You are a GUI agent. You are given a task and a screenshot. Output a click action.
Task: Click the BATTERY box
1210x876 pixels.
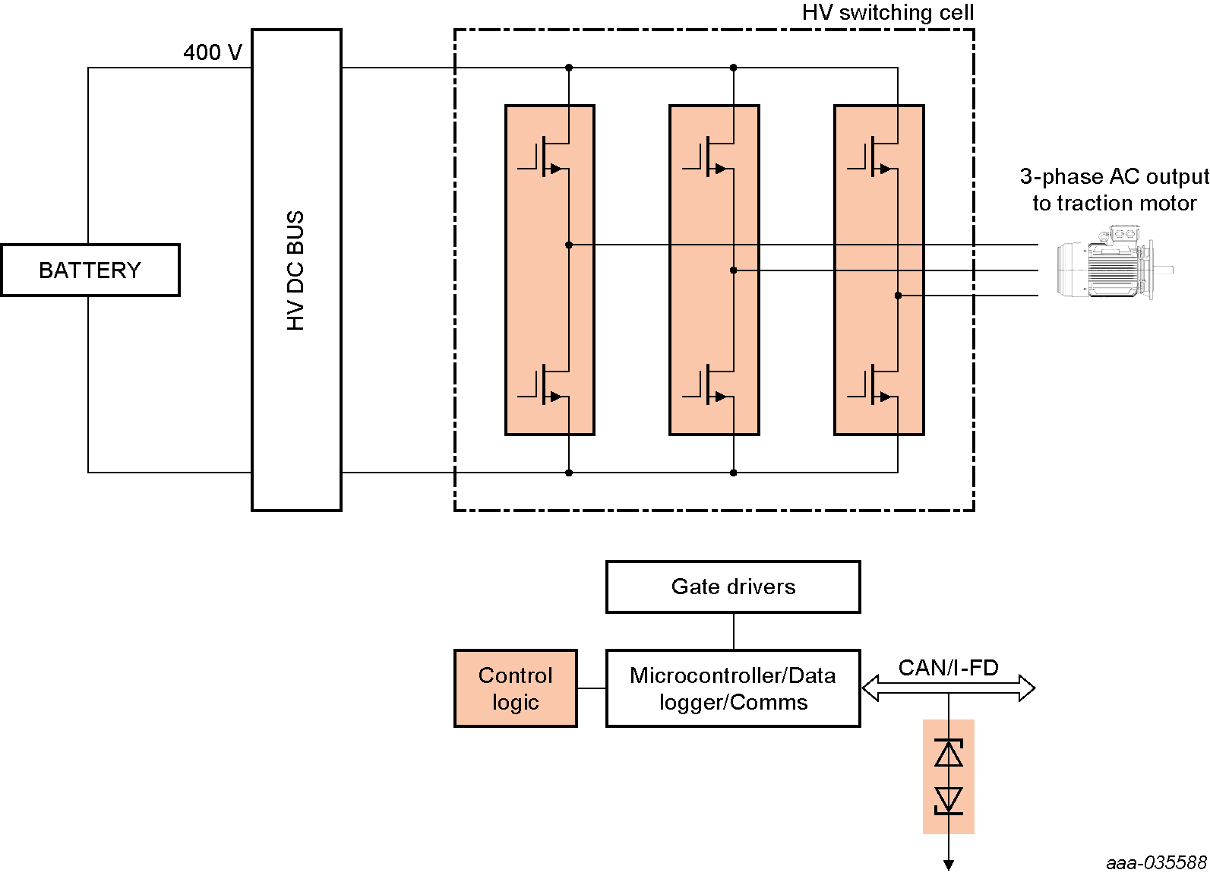[90, 270]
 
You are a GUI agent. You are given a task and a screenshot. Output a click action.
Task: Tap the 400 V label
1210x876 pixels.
[212, 52]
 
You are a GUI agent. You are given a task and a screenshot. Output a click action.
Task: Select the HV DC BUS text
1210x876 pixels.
[295, 270]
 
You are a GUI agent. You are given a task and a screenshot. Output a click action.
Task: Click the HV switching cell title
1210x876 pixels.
[887, 13]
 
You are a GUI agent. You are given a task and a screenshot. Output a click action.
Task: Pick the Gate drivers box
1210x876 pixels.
[733, 587]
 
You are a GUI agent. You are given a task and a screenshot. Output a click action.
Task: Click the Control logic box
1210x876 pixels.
[516, 688]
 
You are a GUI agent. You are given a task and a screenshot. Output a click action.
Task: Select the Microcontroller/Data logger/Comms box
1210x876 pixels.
[733, 688]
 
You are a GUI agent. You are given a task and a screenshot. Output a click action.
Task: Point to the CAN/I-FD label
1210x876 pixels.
[948, 668]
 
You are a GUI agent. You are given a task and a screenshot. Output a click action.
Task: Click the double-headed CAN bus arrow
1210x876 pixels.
[948, 688]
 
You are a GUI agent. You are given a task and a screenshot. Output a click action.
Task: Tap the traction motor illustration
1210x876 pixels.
[1114, 262]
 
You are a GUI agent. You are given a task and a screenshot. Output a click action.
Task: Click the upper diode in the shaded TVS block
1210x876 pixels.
[949, 753]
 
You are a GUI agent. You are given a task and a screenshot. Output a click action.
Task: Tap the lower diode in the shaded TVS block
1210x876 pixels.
[949, 801]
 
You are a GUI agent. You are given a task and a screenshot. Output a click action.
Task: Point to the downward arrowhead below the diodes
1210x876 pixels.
[949, 864]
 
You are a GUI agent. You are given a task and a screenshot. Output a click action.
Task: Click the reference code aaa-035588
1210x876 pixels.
[1156, 863]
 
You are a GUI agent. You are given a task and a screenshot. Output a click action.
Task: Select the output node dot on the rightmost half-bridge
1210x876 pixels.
[898, 296]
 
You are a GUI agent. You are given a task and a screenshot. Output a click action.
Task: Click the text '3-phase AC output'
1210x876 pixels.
[1114, 177]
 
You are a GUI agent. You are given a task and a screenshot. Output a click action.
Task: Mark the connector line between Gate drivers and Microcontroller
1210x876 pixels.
[734, 631]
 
